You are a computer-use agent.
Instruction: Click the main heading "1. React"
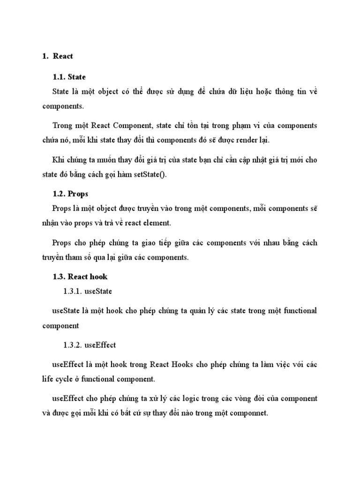(58, 56)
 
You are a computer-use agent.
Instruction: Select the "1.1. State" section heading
(70, 77)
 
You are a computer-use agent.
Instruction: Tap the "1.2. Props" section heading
(71, 193)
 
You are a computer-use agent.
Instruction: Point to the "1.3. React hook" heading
(80, 277)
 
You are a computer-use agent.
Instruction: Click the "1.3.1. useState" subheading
(88, 291)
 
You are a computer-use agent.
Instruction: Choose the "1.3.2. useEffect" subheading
(90, 345)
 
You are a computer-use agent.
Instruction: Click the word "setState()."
(153, 175)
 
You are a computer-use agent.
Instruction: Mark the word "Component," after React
(133, 126)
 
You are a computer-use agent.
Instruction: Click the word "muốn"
(108, 160)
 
